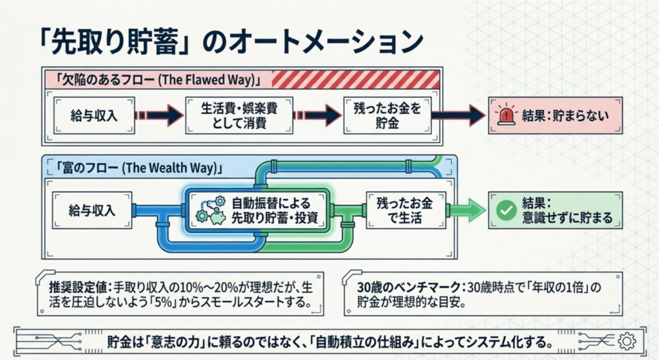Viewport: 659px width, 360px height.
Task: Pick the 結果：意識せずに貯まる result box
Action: [556, 209]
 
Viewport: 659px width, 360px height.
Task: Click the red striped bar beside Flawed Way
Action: [355, 79]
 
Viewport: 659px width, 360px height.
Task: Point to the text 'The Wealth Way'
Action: [172, 168]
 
